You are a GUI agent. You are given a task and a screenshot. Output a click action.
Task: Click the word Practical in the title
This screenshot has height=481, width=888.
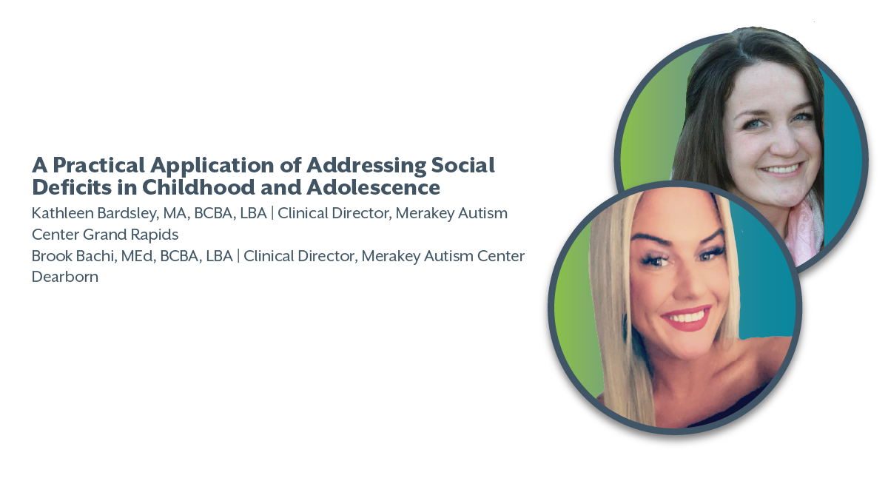[98, 165]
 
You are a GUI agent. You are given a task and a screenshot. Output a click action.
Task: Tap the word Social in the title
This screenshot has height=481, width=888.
[462, 165]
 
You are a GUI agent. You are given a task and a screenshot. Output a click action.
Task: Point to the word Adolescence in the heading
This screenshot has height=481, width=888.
[373, 187]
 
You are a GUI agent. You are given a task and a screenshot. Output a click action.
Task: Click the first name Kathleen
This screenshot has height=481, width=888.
[62, 213]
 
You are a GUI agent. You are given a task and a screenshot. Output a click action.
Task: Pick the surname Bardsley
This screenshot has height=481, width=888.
[127, 214]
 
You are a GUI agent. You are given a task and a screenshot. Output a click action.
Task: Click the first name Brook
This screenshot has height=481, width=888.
[52, 256]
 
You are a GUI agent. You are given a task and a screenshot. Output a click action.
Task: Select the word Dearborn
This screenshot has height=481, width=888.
[65, 277]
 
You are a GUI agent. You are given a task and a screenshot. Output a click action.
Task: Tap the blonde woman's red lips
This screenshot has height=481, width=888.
[686, 317]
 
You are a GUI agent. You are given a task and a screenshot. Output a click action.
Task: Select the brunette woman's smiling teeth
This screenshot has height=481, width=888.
[781, 169]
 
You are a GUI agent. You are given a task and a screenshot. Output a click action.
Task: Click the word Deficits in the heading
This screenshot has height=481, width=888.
[72, 187]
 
